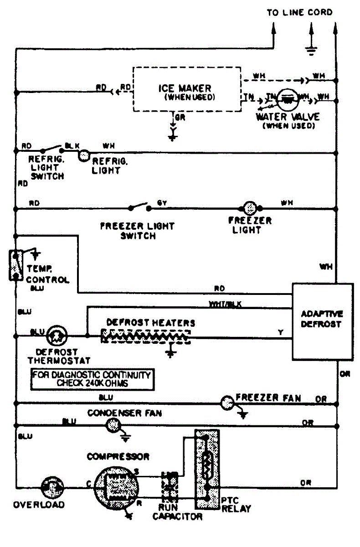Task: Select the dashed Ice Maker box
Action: (187, 89)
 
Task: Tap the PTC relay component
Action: (207, 469)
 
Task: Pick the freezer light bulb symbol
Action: (250, 208)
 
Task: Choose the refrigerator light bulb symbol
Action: (83, 155)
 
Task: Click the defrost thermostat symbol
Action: (57, 336)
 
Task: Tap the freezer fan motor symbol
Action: (226, 403)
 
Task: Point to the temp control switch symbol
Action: (16, 264)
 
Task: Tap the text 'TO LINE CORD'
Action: (299, 12)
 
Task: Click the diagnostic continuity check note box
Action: (91, 379)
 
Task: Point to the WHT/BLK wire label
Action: (225, 304)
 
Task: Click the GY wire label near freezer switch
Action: (162, 202)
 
